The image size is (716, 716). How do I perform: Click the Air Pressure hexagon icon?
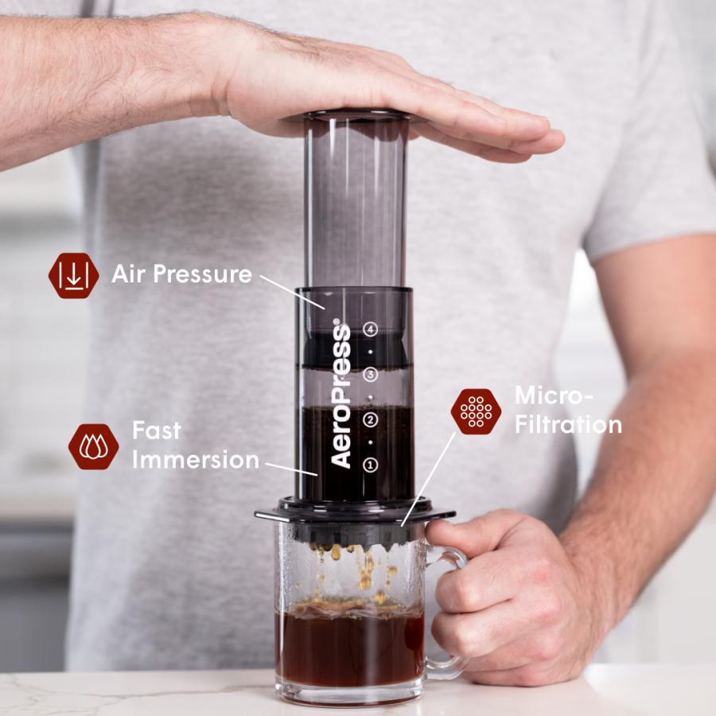point(73,275)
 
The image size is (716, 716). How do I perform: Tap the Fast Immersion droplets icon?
point(93,446)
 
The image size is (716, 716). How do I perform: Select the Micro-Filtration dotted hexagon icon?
point(476,411)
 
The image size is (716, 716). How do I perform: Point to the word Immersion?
point(195,460)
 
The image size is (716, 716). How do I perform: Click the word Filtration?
point(567,424)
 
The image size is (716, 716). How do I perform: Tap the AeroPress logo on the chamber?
point(340,395)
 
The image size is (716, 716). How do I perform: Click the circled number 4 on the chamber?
point(370,328)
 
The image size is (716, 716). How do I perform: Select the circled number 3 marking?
point(370,374)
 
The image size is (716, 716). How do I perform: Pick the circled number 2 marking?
point(370,419)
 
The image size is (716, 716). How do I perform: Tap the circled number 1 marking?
point(370,465)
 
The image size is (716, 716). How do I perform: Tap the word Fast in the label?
point(156,430)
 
